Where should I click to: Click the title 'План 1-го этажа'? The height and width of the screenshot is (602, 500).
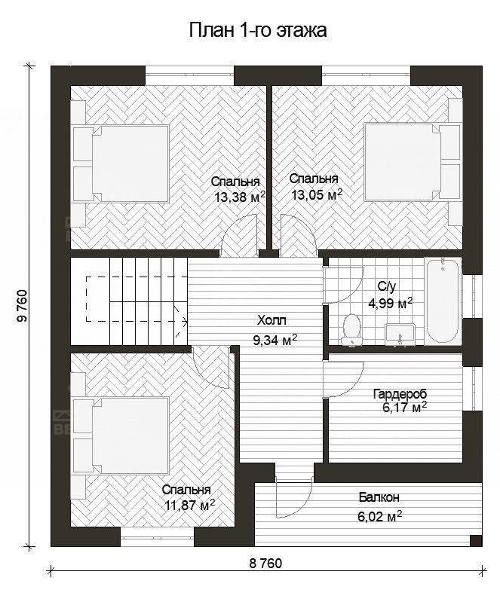tap(258, 30)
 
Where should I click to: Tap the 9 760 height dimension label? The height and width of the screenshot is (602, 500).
tap(23, 306)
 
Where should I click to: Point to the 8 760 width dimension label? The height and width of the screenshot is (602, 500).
tap(265, 564)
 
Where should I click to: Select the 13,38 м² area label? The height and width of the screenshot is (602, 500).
tap(240, 197)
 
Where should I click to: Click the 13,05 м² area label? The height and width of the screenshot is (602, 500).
tap(317, 195)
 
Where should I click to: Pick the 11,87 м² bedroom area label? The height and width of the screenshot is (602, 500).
tap(189, 506)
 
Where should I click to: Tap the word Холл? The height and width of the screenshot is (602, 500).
tap(271, 319)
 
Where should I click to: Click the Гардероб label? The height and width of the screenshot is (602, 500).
tap(400, 394)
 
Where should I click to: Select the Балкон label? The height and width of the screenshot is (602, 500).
tap(379, 497)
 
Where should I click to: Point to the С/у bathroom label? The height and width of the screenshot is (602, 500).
tap(386, 286)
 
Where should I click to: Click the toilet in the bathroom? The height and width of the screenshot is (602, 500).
tap(351, 330)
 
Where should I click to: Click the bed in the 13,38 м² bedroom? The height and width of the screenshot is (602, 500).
tap(121, 163)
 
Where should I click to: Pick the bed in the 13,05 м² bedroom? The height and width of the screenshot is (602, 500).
tap(412, 162)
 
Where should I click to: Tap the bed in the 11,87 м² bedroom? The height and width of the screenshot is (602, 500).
tap(121, 435)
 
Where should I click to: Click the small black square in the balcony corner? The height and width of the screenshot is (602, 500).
tap(476, 540)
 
